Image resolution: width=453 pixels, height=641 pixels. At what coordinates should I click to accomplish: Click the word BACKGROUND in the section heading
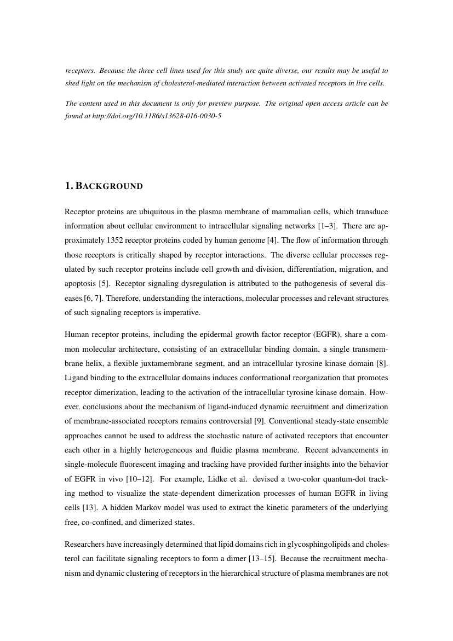tap(109, 186)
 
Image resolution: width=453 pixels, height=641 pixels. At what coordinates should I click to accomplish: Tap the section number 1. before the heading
tap(68, 186)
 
